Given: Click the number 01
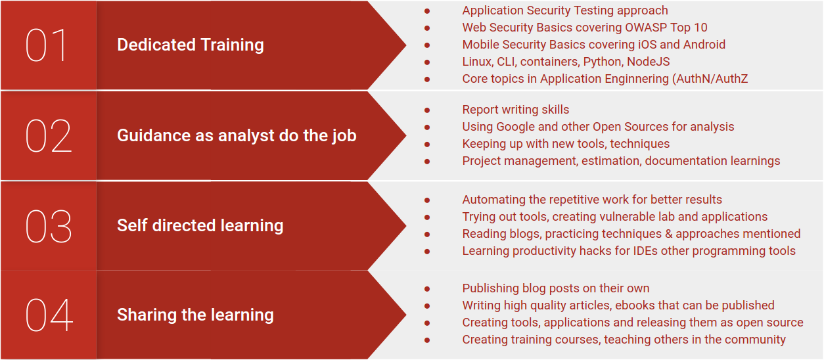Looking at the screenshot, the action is [x=47, y=45].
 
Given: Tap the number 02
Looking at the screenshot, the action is [x=49, y=136].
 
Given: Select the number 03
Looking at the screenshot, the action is [x=49, y=226].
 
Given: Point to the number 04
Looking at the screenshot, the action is [x=49, y=315].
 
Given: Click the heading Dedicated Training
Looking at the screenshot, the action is [x=190, y=45].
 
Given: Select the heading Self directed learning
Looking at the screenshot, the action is [x=200, y=225].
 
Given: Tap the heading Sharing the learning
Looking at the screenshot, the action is [x=195, y=315].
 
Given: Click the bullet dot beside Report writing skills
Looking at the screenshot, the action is [x=427, y=110].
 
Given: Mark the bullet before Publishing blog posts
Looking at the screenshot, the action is [x=427, y=288].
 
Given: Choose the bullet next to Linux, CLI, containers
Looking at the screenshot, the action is [x=427, y=62].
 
